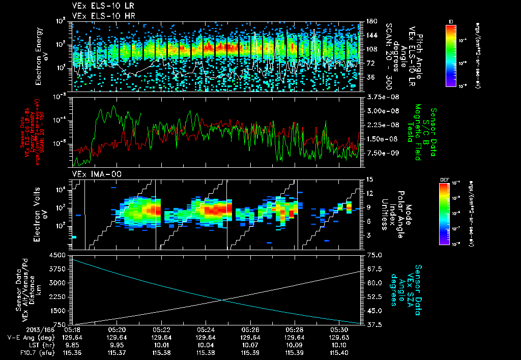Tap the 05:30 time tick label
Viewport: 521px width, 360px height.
338,329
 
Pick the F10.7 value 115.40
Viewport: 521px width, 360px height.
338,351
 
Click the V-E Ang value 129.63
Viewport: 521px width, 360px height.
338,337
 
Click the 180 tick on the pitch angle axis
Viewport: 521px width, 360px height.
370,21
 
